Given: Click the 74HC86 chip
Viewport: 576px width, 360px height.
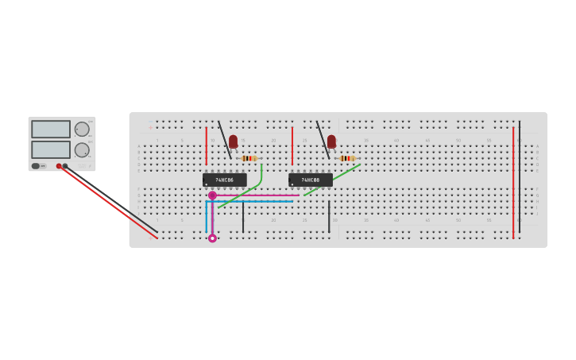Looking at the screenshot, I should (x=224, y=180).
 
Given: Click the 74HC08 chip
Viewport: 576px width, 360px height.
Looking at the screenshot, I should (x=310, y=180).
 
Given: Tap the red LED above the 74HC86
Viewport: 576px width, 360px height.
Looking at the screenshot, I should (x=233, y=141).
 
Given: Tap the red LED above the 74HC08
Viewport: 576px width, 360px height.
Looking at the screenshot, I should (x=331, y=141).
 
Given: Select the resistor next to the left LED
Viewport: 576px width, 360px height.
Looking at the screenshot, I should (x=249, y=158).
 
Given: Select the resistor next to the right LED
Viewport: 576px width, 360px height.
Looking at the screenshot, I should (x=346, y=158).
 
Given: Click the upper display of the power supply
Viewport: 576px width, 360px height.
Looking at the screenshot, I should (x=51, y=129).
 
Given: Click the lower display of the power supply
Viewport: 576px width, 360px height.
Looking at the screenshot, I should (x=51, y=149).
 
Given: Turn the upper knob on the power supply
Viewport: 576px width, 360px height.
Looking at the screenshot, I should (x=82, y=129).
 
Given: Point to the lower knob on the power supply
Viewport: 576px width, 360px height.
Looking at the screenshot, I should (x=82, y=149).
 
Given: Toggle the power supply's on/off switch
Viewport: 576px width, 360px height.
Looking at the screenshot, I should (x=36, y=166).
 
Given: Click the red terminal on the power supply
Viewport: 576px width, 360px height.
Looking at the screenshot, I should (x=59, y=166).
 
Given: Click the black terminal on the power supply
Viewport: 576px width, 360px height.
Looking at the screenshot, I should (x=65, y=166).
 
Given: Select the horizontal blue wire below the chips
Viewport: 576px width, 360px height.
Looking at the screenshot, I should (x=250, y=201).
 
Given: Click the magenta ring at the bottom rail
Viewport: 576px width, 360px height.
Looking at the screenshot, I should (x=212, y=238).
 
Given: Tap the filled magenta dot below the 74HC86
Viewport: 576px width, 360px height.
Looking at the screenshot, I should (x=212, y=195).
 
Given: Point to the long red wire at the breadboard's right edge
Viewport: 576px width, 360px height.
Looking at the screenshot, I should (x=513, y=183).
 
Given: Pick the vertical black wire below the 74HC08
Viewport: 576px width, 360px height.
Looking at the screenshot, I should (x=329, y=216).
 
